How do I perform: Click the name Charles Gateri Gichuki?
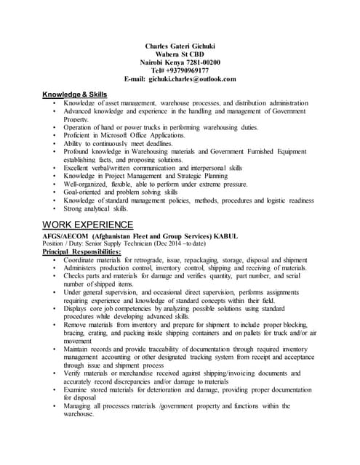(180, 46)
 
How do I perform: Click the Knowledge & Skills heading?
(73, 94)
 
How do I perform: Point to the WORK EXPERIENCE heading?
(87, 224)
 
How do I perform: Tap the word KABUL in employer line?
(257, 236)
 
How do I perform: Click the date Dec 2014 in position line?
(164, 243)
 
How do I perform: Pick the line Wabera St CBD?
(180, 54)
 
